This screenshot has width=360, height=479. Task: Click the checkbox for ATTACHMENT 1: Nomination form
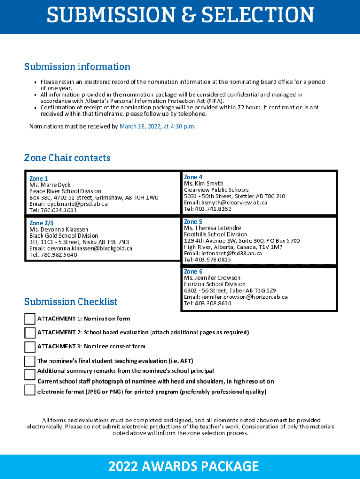pos(29,319)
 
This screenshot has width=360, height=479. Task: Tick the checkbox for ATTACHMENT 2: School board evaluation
pos(29,333)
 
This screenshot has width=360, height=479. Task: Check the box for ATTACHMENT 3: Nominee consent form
pos(29,347)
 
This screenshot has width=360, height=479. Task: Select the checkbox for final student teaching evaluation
pos(29,361)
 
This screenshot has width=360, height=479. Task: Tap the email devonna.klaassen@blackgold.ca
pos(80,248)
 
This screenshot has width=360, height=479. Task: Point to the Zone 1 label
pos(39,179)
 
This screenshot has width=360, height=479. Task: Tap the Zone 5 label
pos(193,222)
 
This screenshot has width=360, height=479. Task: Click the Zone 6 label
pos(193,272)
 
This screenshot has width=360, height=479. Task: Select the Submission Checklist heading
pos(71,302)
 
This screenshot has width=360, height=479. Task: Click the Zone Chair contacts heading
pos(67,158)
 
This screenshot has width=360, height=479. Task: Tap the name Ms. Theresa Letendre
pos(212,228)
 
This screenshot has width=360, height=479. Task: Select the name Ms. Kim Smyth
pos(203,184)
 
